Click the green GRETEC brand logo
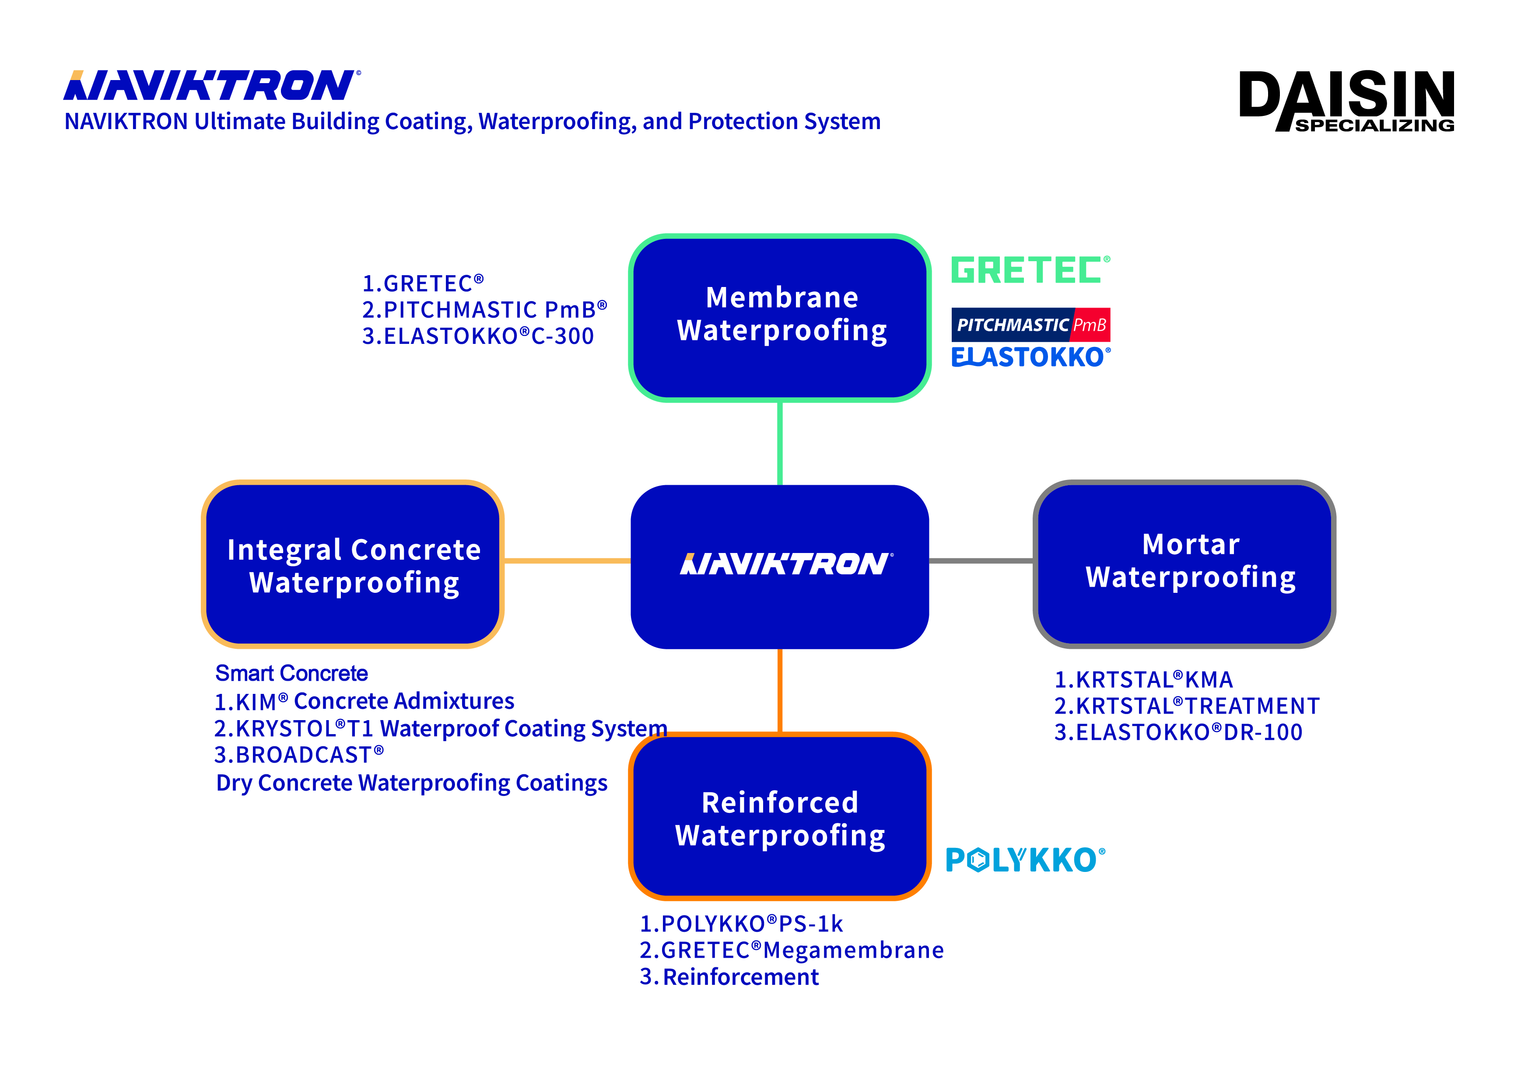(1030, 270)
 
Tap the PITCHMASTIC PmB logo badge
(1030, 325)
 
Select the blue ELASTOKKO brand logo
(1030, 357)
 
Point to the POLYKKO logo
(1025, 860)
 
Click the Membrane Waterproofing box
(780, 318)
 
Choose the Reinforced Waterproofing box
(780, 816)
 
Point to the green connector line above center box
(780, 443)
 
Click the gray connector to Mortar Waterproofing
(981, 561)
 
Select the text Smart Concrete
(291, 673)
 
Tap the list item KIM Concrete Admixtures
(364, 701)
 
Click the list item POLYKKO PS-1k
(741, 924)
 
